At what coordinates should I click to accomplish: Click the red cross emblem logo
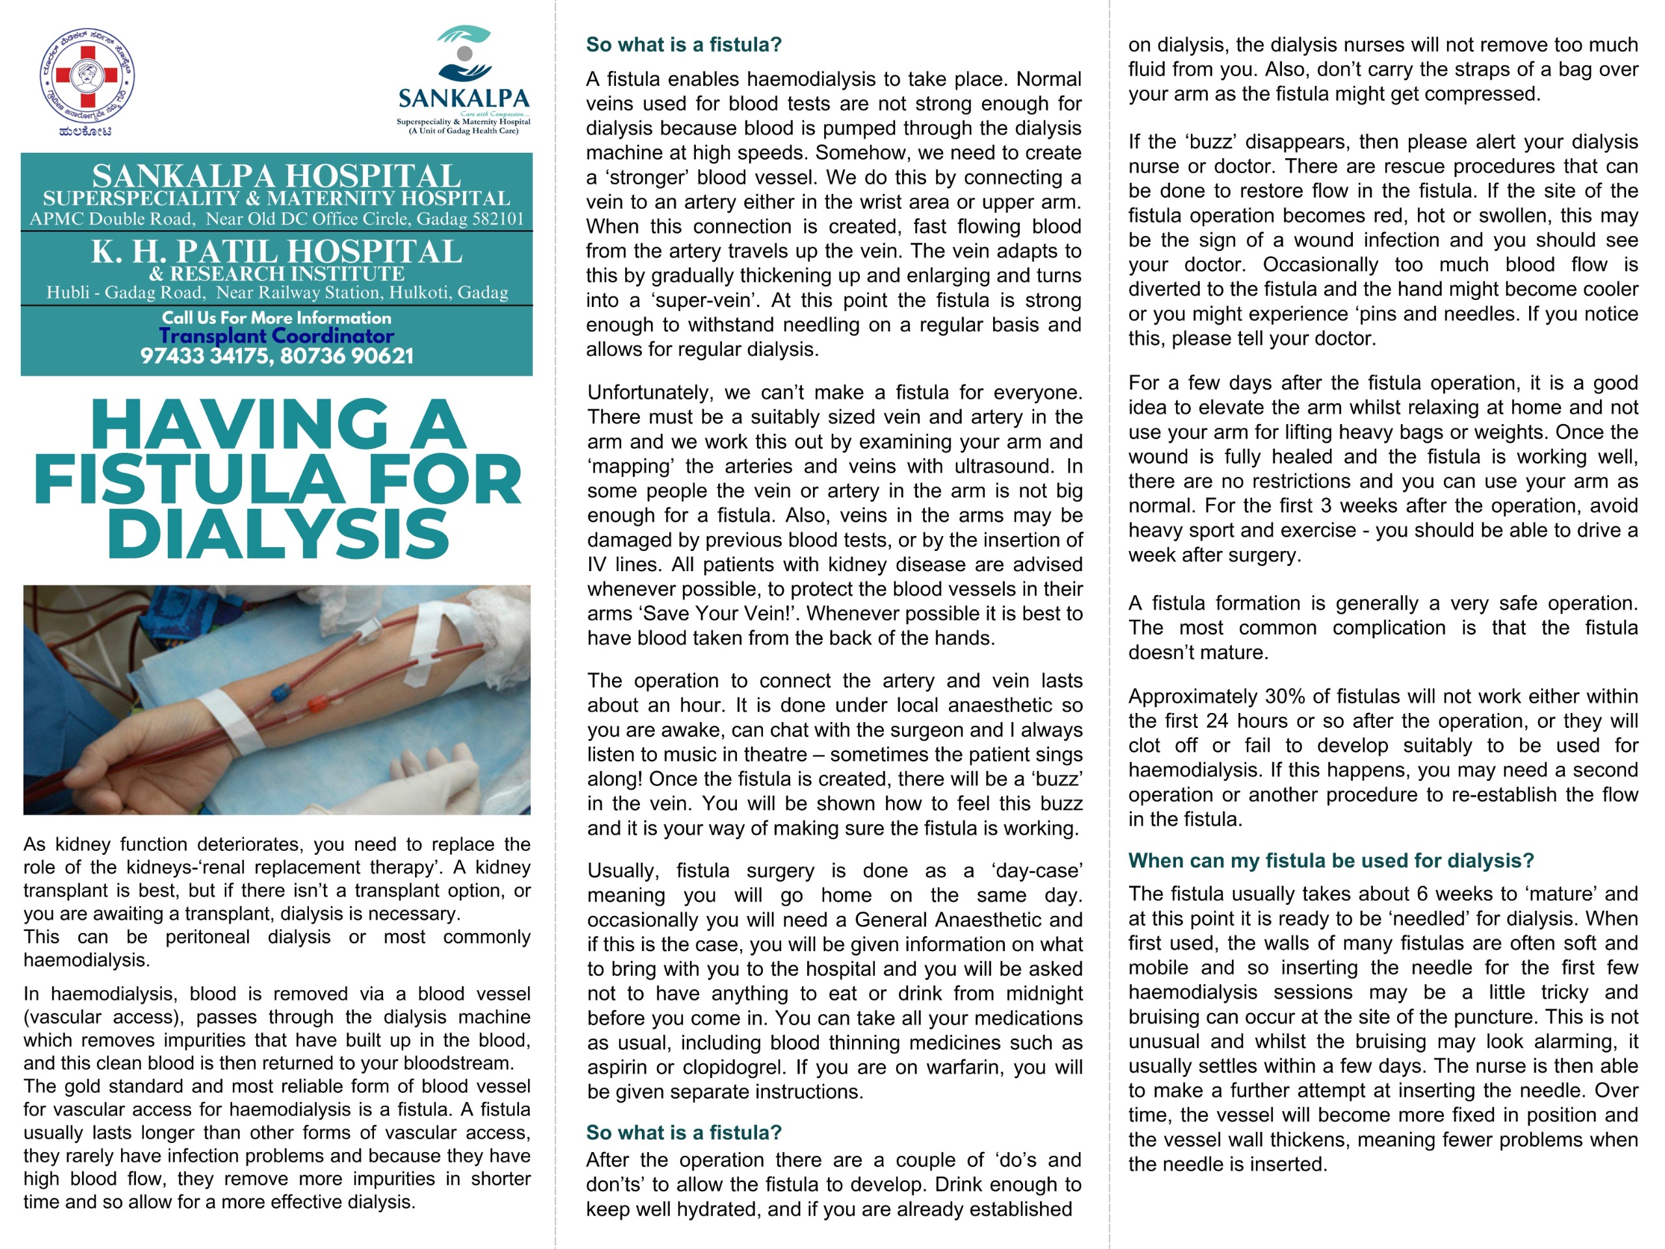pos(87,76)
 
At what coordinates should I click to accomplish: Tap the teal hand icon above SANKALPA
pos(464,53)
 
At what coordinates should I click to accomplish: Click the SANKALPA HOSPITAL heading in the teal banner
pos(276,176)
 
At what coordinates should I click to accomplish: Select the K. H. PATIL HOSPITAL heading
pos(276,252)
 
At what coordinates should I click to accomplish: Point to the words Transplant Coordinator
pos(276,336)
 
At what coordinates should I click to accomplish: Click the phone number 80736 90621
pos(347,356)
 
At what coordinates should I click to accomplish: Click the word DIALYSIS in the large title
pos(278,535)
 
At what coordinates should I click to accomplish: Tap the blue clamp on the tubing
pos(281,691)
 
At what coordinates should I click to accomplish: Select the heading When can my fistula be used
pos(1331,861)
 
